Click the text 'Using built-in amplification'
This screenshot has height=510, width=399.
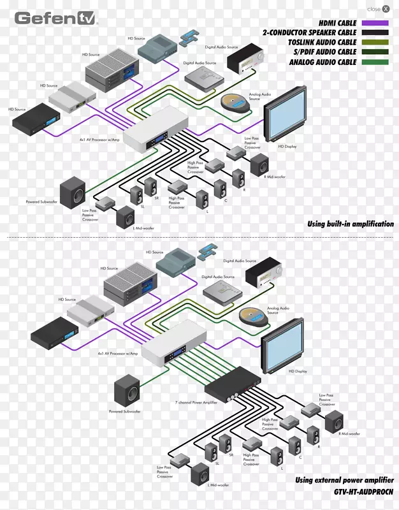pos(350,224)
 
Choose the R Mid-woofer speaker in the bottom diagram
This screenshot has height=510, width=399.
pos(334,422)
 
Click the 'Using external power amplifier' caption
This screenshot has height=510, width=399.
pos(344,480)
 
